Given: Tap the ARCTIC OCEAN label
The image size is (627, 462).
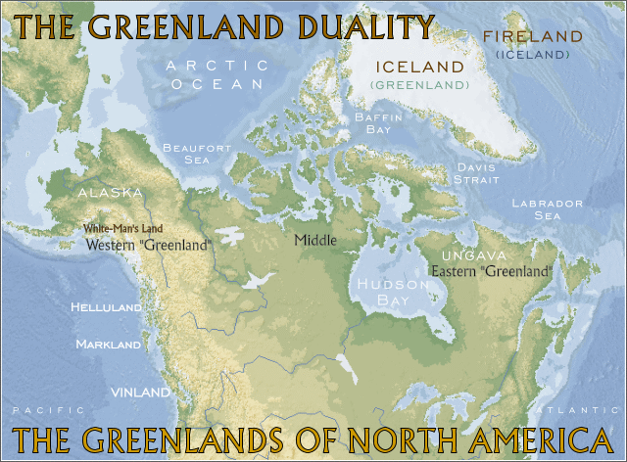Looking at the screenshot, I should pos(217,74).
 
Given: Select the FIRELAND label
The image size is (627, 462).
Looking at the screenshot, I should pos(532,36).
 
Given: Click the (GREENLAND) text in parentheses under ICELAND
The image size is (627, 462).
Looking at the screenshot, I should pos(418,86).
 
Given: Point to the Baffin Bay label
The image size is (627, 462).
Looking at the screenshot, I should pos(371,123).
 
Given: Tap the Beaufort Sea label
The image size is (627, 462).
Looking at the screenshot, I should pos(198,153).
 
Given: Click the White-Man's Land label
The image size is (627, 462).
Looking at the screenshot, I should pos(122,229).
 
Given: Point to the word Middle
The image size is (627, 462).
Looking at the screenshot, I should pos(315,240).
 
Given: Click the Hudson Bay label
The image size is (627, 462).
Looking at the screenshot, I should pos(390,292).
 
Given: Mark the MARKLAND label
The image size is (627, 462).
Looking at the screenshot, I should pos(109,345).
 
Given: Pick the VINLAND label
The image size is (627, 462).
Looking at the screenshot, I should pos(140,392).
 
